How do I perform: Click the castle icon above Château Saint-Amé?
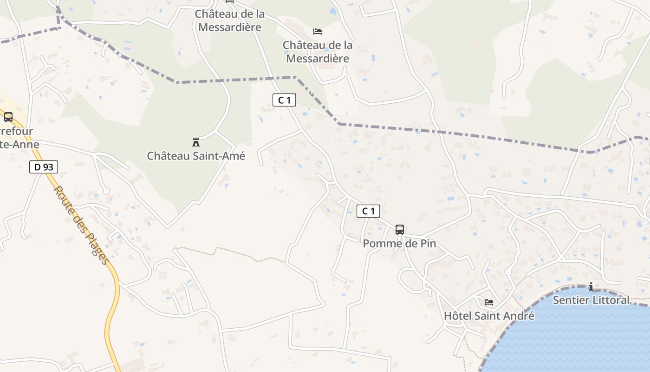pos(196,142)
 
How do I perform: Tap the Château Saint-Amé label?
pos(196,156)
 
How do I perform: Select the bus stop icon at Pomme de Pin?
pos(399,230)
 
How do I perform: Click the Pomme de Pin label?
pos(399,244)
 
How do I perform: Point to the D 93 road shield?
pos(44,167)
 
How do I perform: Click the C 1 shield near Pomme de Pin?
pos(368,211)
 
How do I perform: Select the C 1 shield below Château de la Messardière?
pos(284,100)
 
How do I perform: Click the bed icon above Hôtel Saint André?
pos(489,302)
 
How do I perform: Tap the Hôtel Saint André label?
pos(489,316)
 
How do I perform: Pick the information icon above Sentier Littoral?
pos(591,286)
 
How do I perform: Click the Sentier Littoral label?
pos(591,300)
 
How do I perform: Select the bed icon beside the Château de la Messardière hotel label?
pos(318,32)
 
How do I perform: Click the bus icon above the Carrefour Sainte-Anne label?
pos(8,117)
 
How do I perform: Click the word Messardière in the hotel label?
pos(318,59)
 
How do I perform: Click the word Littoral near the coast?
pos(610,300)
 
